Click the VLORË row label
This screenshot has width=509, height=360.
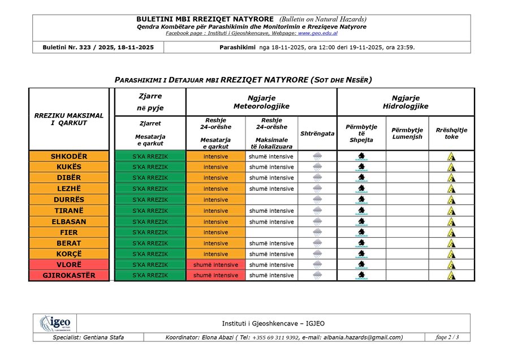[x=68, y=265]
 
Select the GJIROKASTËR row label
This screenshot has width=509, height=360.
[x=68, y=276]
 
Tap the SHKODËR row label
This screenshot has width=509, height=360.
[x=68, y=156]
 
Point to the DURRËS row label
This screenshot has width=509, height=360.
[x=68, y=200]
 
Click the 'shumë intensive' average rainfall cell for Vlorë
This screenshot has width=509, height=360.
[x=215, y=265]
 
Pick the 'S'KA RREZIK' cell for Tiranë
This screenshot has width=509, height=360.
[x=150, y=211]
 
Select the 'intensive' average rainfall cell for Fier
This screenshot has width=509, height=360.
[x=215, y=232]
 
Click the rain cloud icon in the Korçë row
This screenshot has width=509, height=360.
[x=317, y=254]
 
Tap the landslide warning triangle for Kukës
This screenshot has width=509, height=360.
[x=451, y=168]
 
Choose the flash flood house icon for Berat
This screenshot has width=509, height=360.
[x=361, y=243]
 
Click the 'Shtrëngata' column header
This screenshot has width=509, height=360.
[x=317, y=134]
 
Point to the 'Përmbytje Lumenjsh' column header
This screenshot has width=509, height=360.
[x=407, y=134]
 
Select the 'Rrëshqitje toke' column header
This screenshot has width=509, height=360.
[x=451, y=134]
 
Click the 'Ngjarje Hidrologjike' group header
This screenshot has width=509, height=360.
[x=406, y=102]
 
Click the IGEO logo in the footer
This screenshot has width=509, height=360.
[x=55, y=324]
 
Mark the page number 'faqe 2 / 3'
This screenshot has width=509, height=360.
[x=447, y=337]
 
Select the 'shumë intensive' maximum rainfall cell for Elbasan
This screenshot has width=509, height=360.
[x=271, y=222]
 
